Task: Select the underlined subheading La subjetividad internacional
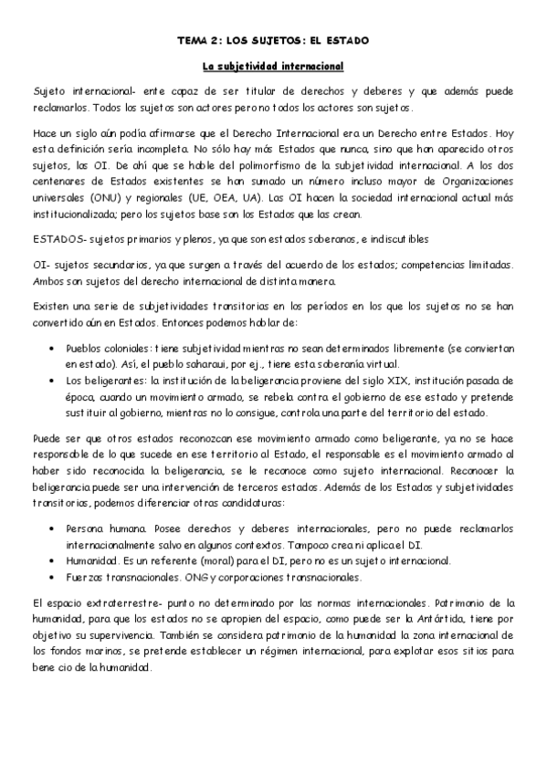coord(272,67)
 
